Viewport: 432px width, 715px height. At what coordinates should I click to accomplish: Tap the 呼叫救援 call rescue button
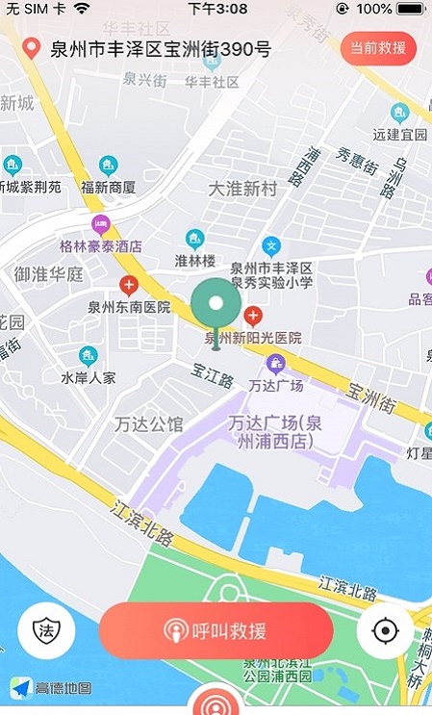216,631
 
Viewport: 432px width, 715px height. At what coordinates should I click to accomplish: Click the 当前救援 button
378,48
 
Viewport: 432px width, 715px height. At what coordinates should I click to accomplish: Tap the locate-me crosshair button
386,631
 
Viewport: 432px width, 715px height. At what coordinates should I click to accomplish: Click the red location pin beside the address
33,48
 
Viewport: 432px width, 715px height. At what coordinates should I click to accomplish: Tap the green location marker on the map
216,307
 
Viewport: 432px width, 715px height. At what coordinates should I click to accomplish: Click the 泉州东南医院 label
129,308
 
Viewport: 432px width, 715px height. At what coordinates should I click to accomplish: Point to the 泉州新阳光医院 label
254,338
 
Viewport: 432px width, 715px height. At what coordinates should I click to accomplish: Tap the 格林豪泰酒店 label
101,245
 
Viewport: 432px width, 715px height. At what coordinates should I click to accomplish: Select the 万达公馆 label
148,422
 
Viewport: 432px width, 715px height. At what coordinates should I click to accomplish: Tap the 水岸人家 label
89,377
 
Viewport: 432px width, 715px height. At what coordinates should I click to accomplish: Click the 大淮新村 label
242,189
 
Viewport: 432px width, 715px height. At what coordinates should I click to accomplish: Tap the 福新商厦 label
108,187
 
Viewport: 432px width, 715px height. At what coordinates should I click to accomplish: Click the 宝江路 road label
213,381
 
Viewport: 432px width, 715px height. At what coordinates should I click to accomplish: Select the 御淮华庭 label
48,274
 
